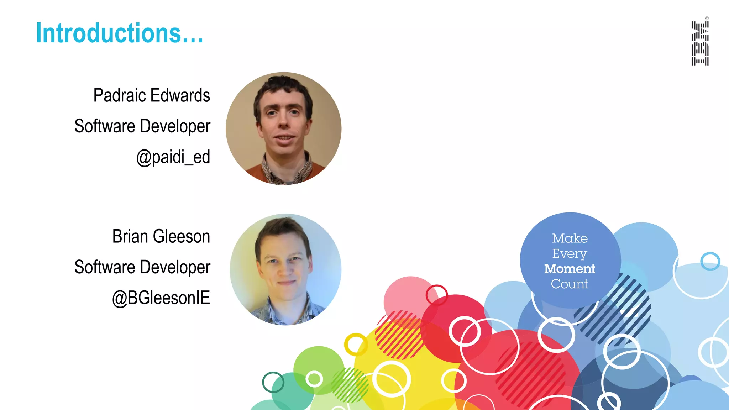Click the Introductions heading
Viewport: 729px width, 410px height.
120,33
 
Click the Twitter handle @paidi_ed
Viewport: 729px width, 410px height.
173,157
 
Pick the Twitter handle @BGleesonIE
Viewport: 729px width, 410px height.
161,298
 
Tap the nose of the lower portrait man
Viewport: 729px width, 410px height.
285,270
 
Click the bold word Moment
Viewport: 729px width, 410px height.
570,269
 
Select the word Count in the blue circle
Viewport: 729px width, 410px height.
570,284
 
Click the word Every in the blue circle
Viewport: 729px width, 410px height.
570,253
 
